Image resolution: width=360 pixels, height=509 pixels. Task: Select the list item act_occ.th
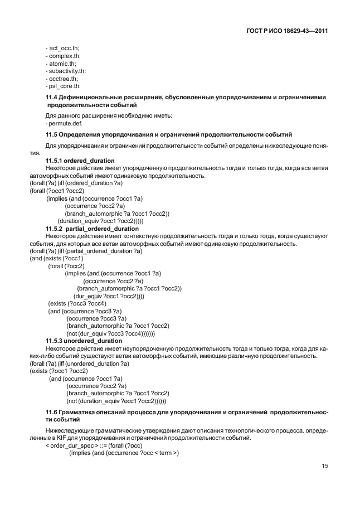[x=62, y=49]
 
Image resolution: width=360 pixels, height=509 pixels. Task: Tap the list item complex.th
[x=63, y=56]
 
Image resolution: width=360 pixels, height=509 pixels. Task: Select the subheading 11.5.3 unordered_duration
[x=84, y=341]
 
